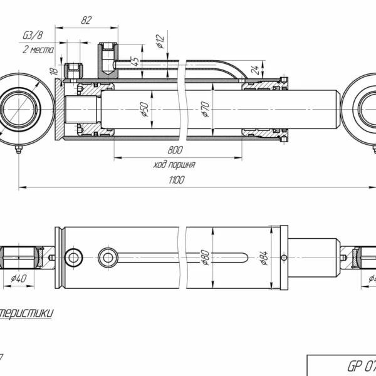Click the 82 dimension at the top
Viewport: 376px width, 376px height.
86,20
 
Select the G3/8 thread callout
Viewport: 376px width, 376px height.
33,35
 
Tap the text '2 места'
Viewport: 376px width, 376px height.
34,49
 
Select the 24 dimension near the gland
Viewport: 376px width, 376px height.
256,69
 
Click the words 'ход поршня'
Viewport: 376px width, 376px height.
174,165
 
